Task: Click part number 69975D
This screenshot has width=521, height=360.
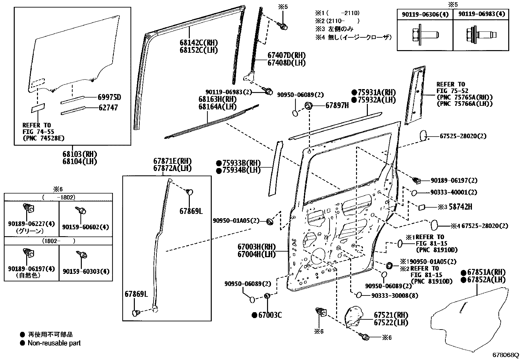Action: (109, 97)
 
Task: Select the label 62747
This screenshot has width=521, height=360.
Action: (108, 107)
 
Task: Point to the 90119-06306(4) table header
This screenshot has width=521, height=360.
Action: (425, 14)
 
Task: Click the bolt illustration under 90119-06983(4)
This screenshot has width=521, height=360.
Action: (481, 34)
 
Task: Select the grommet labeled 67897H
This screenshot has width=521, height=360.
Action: (309, 105)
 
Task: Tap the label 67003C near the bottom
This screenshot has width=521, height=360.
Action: (270, 315)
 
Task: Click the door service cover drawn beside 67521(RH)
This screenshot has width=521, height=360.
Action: (355, 316)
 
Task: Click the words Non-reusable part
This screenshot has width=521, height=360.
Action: (54, 343)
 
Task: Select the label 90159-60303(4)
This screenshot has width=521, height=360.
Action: (86, 271)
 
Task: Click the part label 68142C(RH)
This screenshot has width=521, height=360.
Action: (198, 43)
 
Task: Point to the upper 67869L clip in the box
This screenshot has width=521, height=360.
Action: (189, 192)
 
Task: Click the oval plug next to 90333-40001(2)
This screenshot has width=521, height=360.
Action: (414, 193)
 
